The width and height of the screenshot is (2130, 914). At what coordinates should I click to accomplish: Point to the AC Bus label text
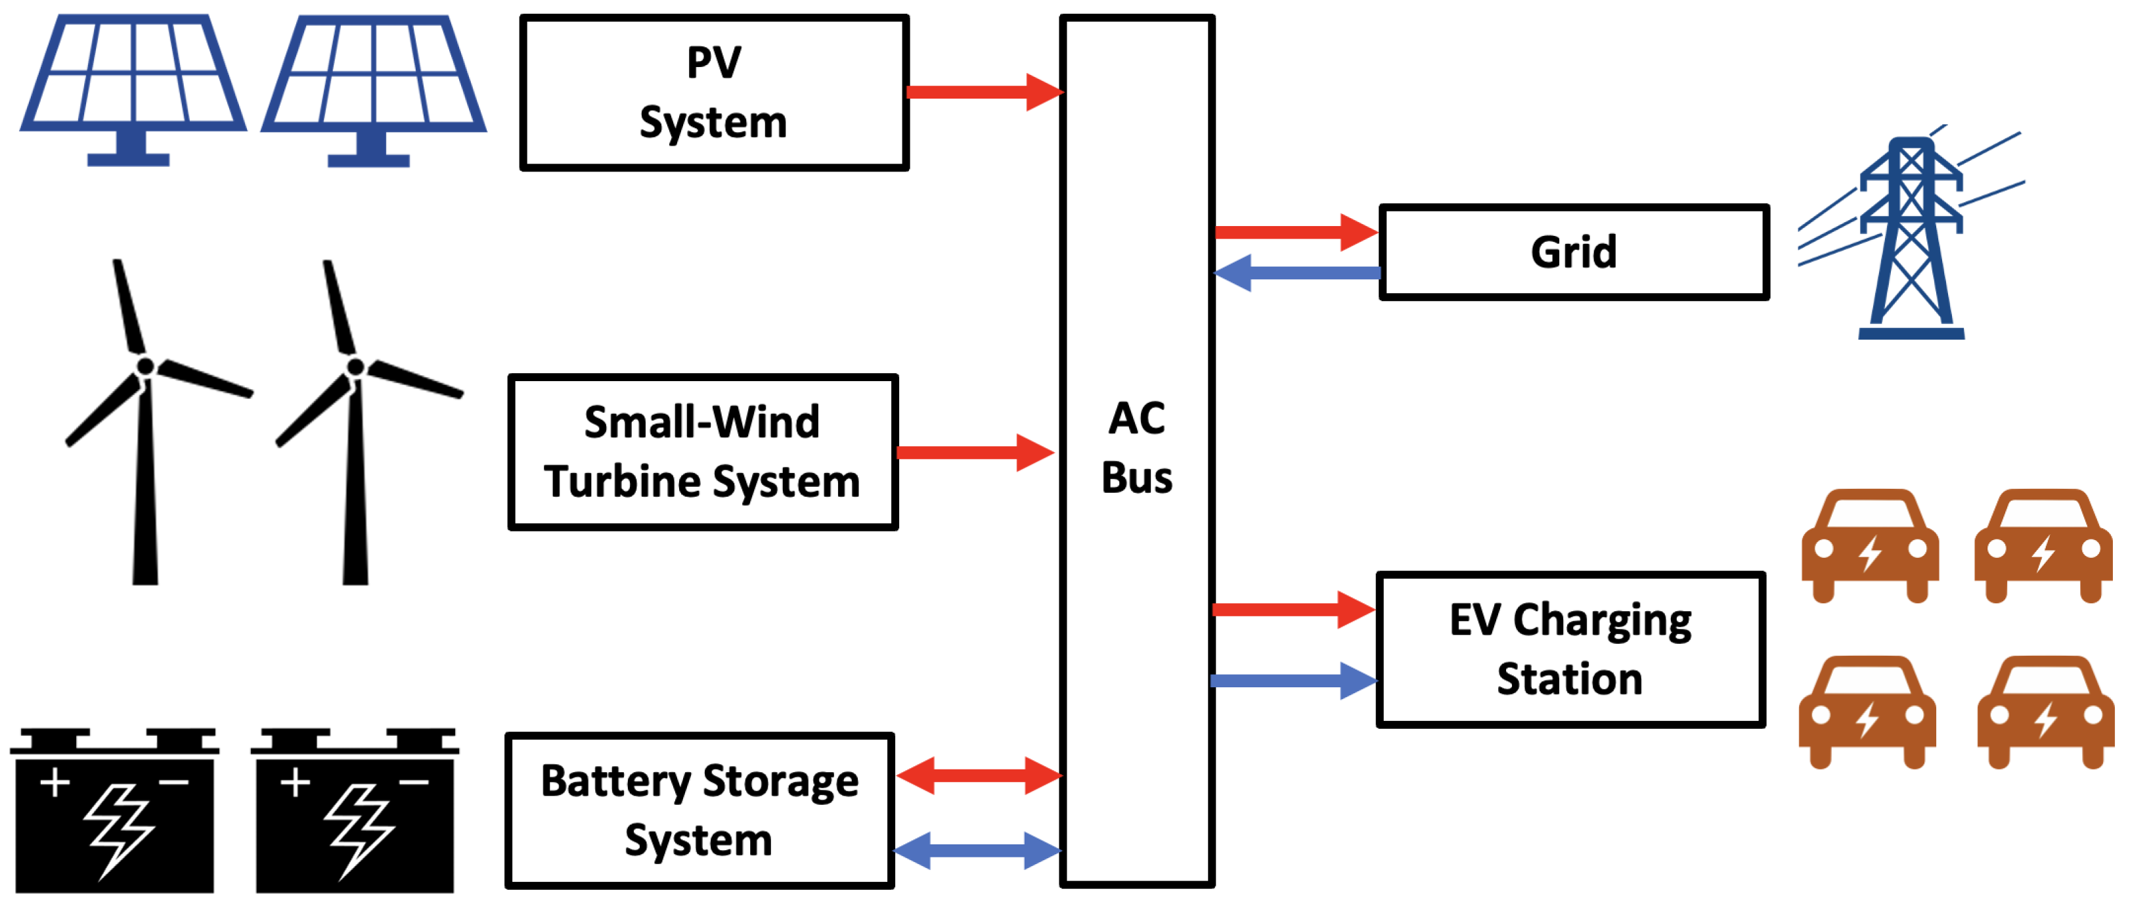(1137, 447)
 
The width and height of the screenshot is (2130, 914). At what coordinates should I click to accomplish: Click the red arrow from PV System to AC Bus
(985, 92)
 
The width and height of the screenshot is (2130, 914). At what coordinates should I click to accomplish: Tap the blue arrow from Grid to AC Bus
(1297, 273)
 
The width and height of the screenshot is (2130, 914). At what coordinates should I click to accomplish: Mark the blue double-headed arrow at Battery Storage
(978, 851)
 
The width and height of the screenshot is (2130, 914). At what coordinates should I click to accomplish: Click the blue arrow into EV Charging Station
(1294, 681)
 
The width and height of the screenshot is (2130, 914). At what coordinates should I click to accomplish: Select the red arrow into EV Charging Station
(1294, 610)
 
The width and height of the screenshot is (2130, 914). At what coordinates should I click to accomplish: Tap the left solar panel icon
(132, 89)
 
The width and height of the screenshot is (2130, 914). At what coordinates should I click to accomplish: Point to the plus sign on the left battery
(55, 783)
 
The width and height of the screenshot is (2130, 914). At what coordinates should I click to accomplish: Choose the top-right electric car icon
(2043, 547)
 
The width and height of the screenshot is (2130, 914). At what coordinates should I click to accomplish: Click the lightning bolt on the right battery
(358, 830)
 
